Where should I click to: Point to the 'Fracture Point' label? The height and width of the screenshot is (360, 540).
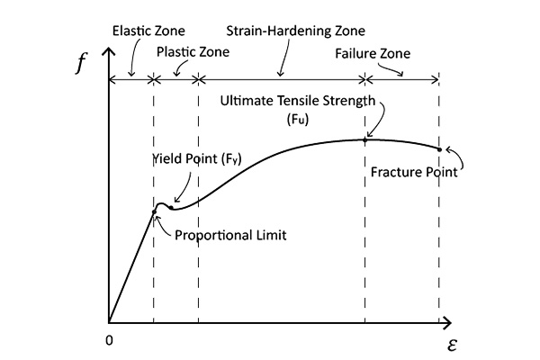(x=414, y=172)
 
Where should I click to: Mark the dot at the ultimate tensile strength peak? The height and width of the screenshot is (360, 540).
(x=365, y=139)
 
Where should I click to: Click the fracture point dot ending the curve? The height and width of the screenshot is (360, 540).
(x=439, y=149)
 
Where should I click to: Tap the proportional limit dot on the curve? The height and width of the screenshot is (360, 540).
(x=155, y=211)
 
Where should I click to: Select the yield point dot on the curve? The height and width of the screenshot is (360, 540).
(x=169, y=207)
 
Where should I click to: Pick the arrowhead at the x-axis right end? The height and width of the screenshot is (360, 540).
(x=445, y=321)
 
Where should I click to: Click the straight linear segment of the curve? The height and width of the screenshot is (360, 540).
(x=132, y=265)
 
